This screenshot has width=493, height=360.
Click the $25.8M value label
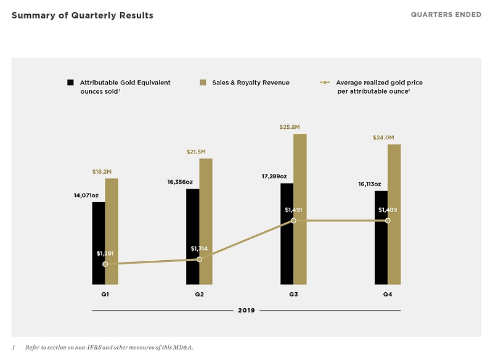(x=289, y=127)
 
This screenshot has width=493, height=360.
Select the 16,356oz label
(x=180, y=182)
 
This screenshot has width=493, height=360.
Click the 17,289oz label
(x=274, y=176)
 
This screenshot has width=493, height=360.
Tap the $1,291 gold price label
(x=105, y=253)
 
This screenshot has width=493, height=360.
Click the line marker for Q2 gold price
(x=199, y=260)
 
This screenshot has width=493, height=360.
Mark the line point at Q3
(x=293, y=220)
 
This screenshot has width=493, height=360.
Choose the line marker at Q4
(x=388, y=220)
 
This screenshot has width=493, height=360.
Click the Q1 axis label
(x=105, y=295)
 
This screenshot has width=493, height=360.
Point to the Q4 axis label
(x=388, y=295)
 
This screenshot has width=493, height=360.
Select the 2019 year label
(x=246, y=310)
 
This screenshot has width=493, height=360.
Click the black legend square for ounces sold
(x=70, y=82)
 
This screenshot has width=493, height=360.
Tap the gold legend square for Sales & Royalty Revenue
(x=202, y=82)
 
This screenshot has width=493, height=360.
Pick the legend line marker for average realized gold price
(x=325, y=82)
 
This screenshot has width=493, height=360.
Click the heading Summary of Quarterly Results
(x=83, y=15)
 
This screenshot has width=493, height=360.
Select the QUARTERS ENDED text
(x=446, y=15)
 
